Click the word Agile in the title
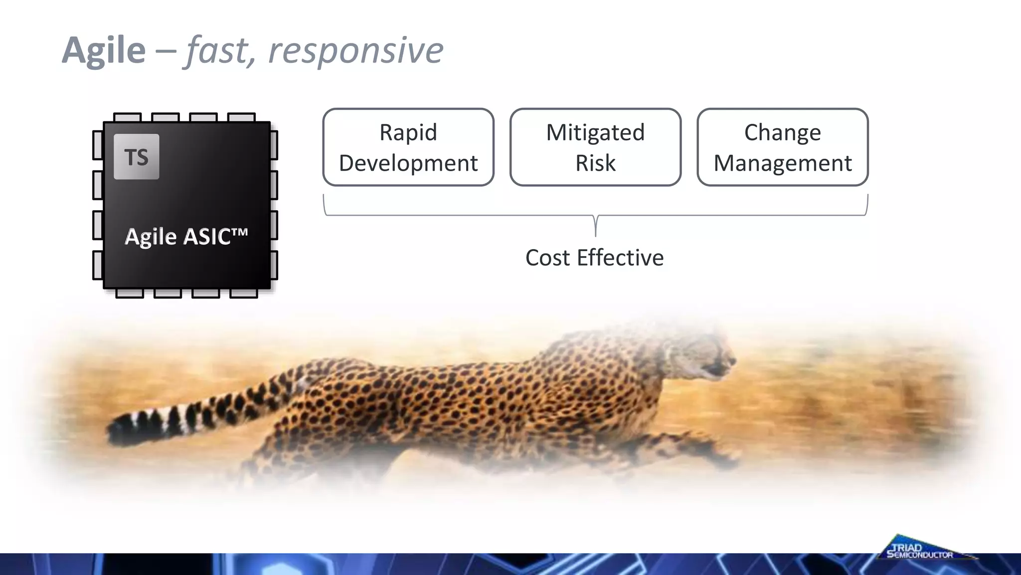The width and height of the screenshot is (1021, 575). click(104, 50)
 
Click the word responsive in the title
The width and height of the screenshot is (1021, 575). click(355, 50)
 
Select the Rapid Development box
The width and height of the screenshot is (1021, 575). click(408, 147)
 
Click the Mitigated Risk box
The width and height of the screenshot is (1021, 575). click(595, 147)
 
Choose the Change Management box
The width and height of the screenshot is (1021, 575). click(783, 147)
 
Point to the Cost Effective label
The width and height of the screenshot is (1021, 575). click(594, 258)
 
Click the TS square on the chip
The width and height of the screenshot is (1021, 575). click(137, 157)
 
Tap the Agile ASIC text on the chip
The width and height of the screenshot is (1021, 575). click(186, 237)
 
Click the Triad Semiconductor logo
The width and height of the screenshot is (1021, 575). click(920, 550)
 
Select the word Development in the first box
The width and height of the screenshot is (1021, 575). click(408, 163)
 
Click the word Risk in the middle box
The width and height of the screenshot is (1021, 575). click(595, 163)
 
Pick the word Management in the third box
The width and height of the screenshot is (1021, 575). click(783, 163)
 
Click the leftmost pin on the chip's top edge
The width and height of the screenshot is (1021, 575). click(128, 117)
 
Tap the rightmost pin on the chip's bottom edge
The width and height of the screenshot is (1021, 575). click(243, 293)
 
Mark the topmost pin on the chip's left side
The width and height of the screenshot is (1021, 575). click(98, 145)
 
